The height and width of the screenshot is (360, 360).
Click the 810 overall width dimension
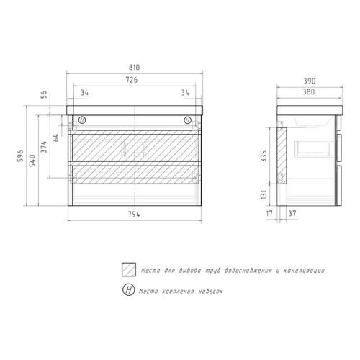tap(135, 67)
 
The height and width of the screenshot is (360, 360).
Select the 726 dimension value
tap(135, 81)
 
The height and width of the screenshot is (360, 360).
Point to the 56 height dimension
tap(43, 94)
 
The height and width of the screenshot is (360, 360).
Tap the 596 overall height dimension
tap(20, 156)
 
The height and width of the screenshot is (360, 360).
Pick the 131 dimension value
tap(267, 194)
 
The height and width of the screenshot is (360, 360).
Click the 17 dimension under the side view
tap(269, 214)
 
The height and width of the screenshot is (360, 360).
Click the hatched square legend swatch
tap(129, 270)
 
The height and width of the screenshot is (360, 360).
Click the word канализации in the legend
tap(304, 271)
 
